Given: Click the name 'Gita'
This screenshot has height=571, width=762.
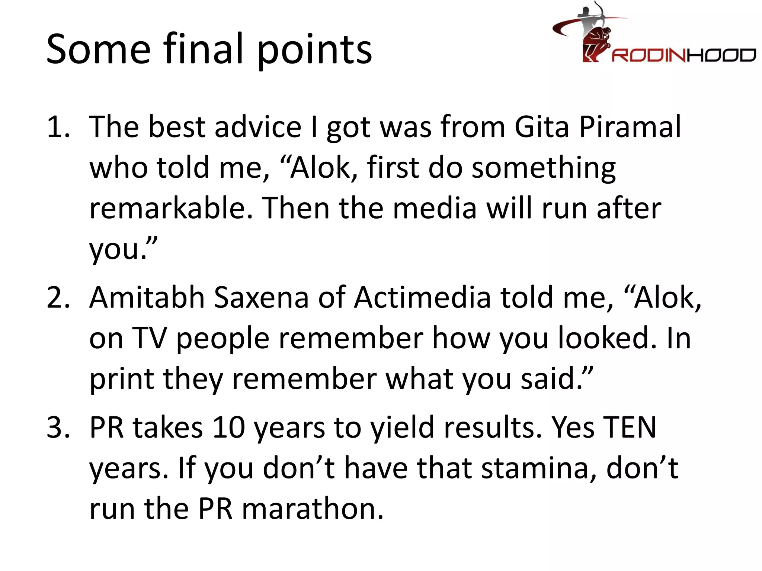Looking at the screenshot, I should click(x=542, y=127).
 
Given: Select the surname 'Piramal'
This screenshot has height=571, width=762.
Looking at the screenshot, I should click(x=630, y=127).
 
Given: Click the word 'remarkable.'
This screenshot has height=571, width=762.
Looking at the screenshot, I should click(x=172, y=208).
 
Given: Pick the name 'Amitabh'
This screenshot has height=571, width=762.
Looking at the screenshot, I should click(x=147, y=298).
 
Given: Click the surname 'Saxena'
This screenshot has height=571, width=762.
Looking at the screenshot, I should click(x=262, y=298).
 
